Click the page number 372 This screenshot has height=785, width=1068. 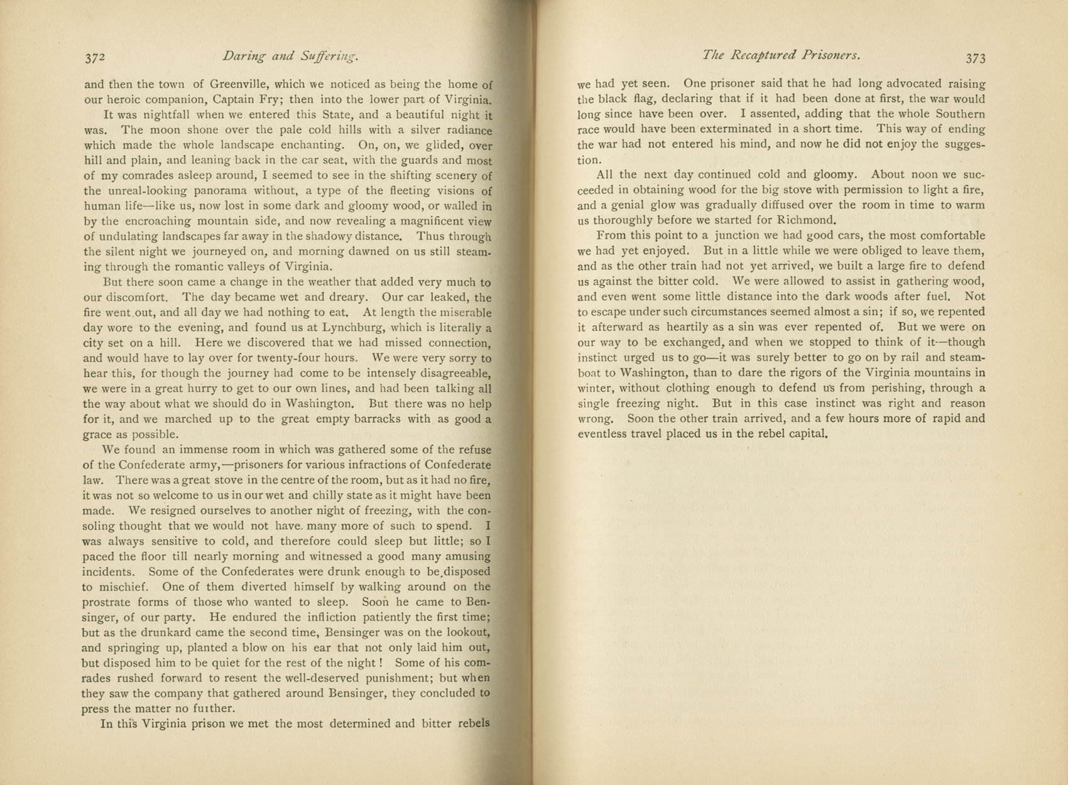95,58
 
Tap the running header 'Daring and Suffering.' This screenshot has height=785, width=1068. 290,57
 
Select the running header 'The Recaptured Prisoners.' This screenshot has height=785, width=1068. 781,55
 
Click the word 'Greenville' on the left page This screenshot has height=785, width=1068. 240,84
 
